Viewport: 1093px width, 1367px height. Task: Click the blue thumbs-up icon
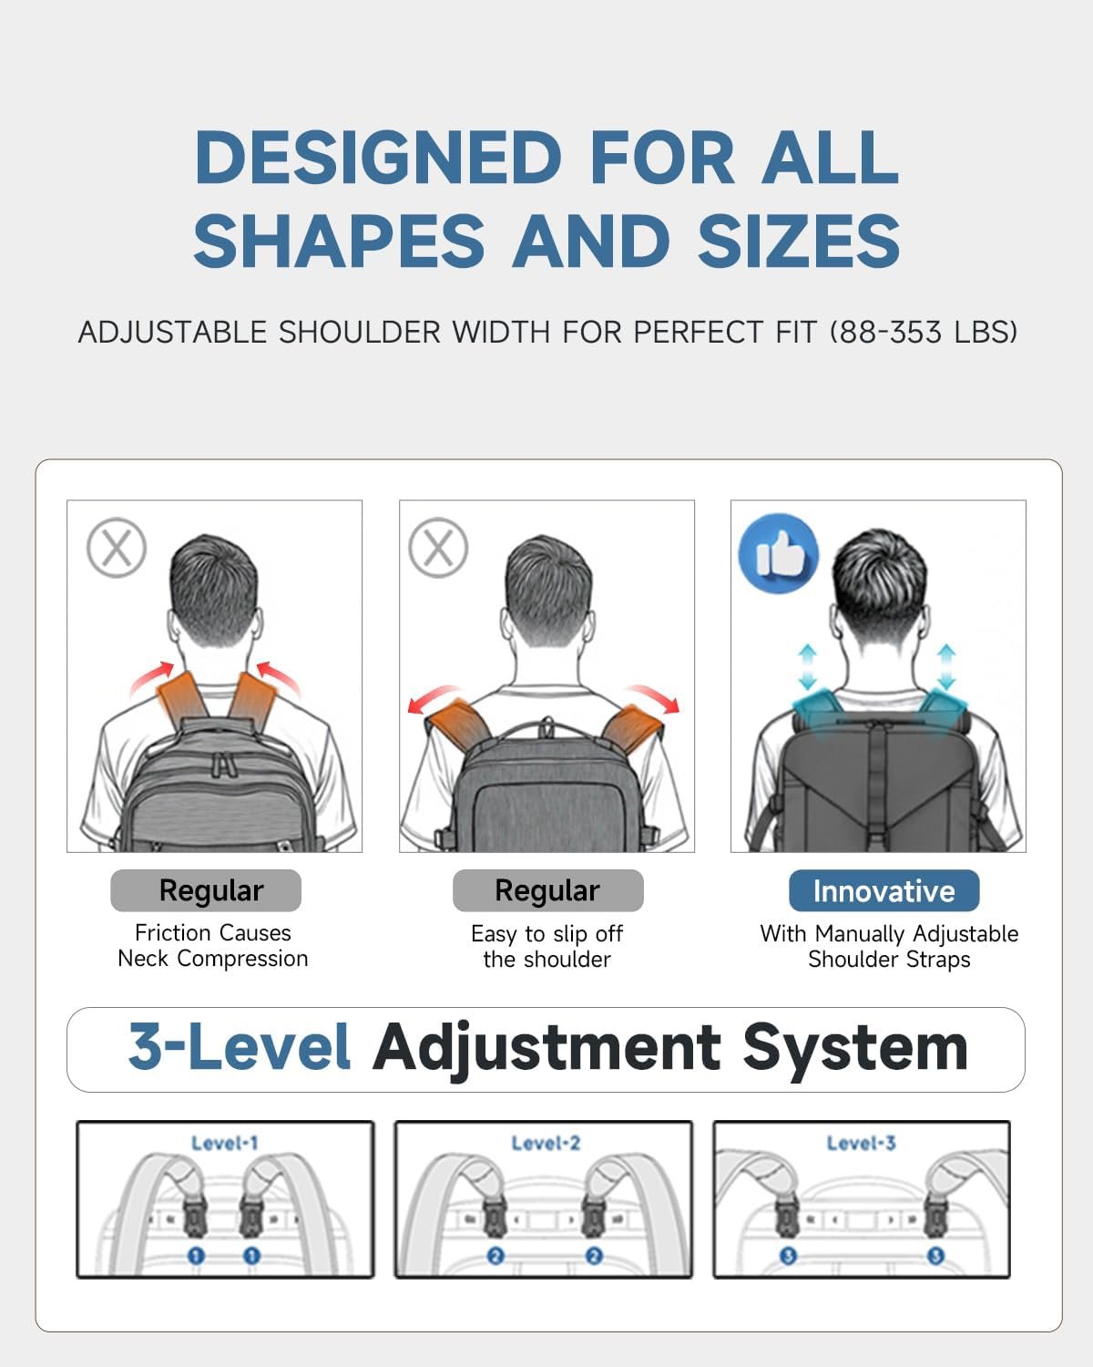coord(778,553)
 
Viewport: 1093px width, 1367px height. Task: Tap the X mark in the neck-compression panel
coord(117,548)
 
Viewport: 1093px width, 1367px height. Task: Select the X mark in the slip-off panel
coord(438,548)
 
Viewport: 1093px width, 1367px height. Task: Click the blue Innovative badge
coord(884,890)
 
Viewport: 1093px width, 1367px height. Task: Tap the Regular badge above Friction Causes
coord(206,890)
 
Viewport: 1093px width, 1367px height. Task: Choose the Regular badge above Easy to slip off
coord(548,890)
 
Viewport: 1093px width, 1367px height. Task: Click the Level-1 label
coord(225,1144)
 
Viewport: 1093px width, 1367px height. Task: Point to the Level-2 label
coord(546,1144)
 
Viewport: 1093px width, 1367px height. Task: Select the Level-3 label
coord(861,1144)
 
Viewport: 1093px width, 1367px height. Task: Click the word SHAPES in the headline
coord(340,241)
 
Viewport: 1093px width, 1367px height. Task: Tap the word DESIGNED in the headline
coord(379,157)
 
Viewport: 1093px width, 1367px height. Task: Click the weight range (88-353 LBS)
coord(924,333)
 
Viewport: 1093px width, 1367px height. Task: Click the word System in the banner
coord(855,1048)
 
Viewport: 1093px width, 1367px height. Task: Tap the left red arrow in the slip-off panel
coord(434,698)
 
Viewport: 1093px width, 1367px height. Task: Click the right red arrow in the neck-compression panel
coord(278,677)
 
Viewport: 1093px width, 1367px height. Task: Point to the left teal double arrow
coord(807,667)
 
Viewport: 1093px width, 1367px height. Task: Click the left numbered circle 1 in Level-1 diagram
coord(196,1255)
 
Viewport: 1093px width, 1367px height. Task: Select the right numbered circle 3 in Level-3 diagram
coord(935,1255)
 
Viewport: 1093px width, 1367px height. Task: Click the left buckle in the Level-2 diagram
coord(494,1215)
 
